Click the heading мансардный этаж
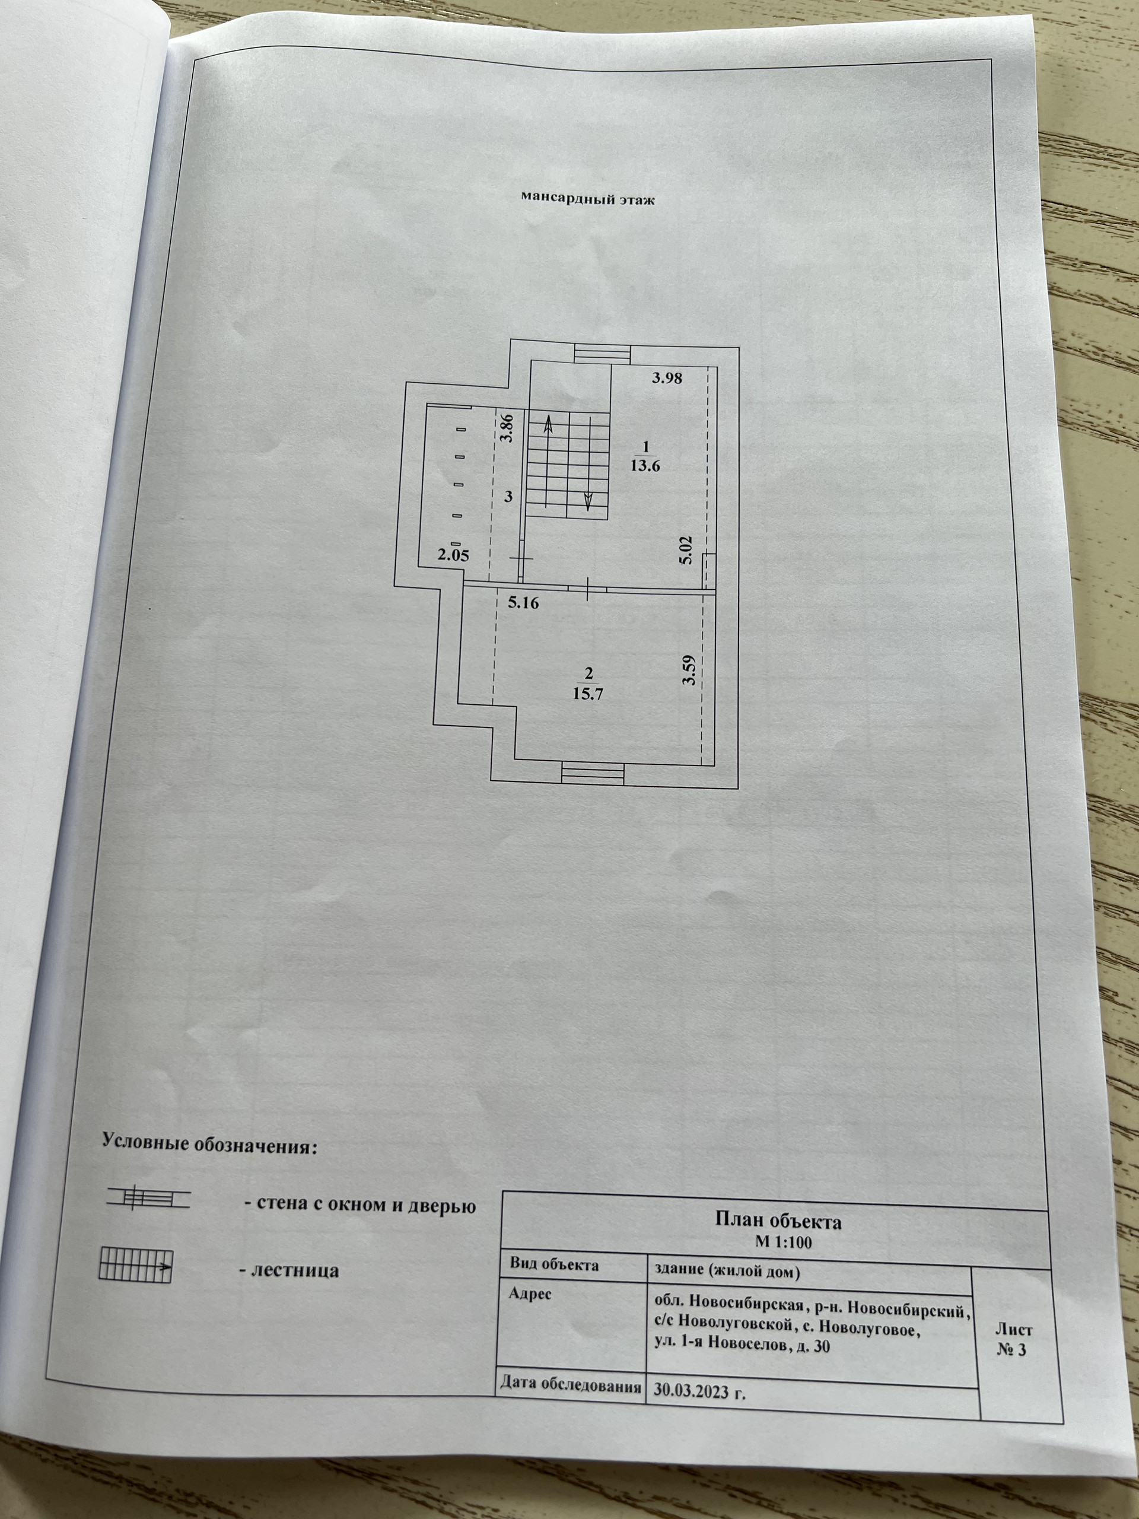tap(587, 200)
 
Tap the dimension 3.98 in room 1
tap(667, 377)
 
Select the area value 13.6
tap(645, 466)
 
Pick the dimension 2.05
tap(453, 555)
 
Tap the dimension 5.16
tap(523, 603)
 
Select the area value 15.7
tap(588, 694)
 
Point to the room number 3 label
tap(508, 497)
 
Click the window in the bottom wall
tap(593, 774)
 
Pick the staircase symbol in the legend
tap(135, 1266)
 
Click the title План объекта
tap(777, 1222)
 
